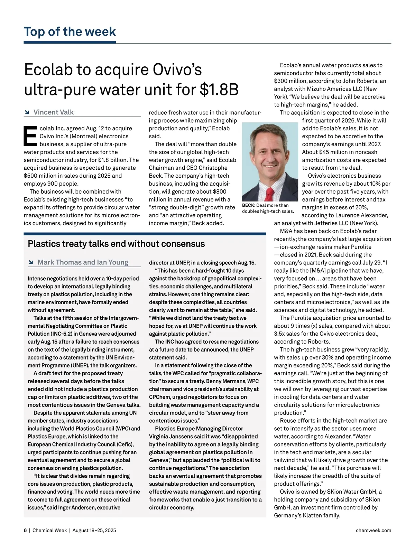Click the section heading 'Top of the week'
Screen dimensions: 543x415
coord(70,31)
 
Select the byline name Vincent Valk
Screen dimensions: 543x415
coord(53,112)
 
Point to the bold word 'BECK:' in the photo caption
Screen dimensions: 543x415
coord(248,205)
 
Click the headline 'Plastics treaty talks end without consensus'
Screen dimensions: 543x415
coord(116,244)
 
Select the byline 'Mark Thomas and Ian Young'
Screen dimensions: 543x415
coord(83,262)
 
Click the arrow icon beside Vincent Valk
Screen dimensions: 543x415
coord(27,112)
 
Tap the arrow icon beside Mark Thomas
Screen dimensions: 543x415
coord(31,262)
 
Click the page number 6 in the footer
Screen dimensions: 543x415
coord(25,530)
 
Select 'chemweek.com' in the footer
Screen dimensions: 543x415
coord(373,530)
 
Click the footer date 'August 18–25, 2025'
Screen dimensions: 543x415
coord(94,530)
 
